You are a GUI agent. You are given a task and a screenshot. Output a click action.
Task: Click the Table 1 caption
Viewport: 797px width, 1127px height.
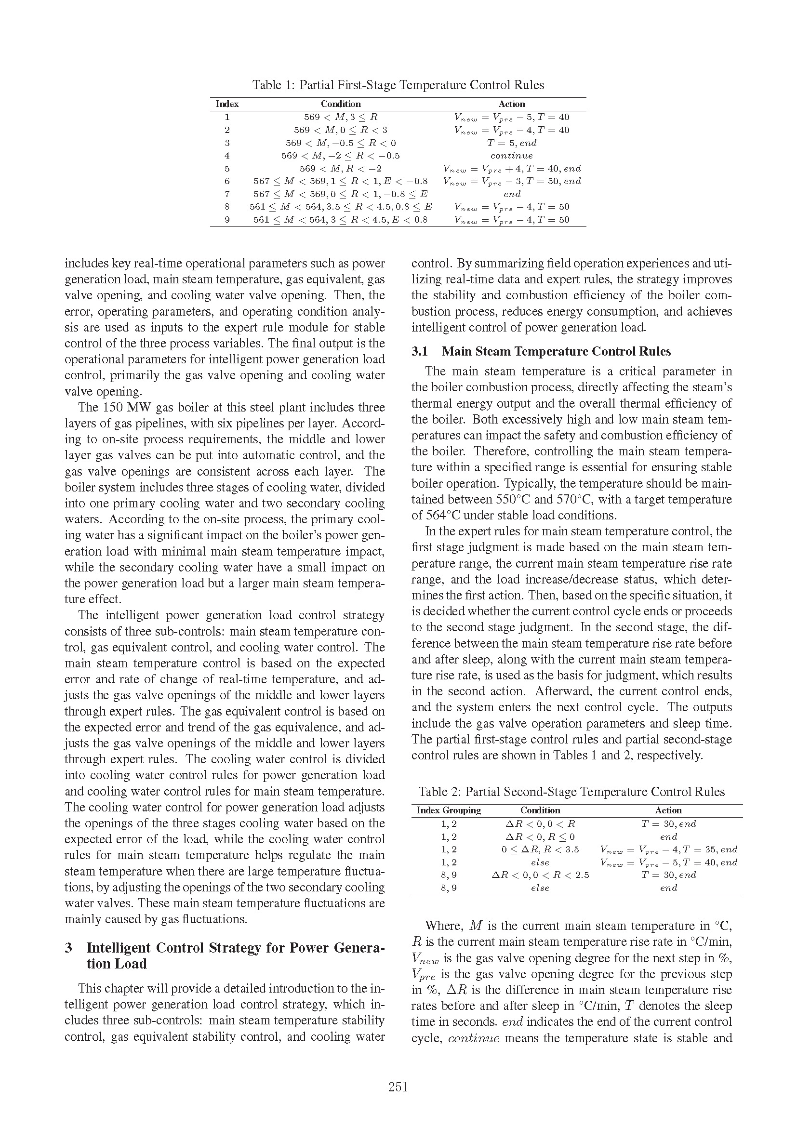click(398, 85)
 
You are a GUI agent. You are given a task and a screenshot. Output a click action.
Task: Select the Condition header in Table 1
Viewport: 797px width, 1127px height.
click(341, 104)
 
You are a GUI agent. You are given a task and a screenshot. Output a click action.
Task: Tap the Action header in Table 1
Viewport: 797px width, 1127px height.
click(511, 104)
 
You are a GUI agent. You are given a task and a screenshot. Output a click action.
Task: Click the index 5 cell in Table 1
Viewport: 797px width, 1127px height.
click(227, 168)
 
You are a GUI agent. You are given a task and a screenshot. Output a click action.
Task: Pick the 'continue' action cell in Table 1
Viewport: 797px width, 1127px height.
click(511, 156)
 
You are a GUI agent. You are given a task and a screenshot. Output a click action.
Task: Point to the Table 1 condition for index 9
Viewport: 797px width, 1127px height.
click(341, 220)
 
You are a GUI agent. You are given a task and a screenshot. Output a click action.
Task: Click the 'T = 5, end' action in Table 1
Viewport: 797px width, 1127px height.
click(511, 143)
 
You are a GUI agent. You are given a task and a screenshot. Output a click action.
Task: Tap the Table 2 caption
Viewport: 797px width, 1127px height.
click(571, 792)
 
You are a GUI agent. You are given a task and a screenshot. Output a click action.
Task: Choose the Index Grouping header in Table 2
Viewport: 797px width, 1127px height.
click(449, 810)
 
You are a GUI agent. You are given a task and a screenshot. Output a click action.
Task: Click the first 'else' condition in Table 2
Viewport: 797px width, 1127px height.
click(540, 862)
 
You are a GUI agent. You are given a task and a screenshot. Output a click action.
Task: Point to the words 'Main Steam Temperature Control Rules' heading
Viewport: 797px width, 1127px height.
click(556, 351)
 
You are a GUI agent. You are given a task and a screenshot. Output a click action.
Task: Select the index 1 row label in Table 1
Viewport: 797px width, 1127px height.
click(227, 117)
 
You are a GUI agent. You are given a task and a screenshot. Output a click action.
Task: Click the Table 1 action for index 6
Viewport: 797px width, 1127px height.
click(511, 181)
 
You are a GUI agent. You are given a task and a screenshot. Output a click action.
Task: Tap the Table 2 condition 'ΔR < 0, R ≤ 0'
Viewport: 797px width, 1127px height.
click(540, 837)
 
